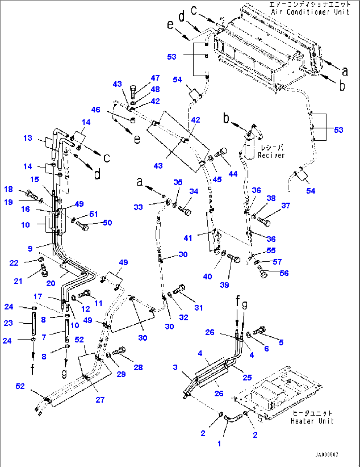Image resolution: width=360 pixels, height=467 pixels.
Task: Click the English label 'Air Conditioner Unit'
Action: pos(310,12)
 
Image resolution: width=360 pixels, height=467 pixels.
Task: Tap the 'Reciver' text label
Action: pos(271,155)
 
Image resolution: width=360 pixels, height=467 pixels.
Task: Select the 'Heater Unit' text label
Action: pos(312,421)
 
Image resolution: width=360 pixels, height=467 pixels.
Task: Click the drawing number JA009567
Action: pos(326,455)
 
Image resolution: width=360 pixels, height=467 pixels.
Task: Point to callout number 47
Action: pos(155,78)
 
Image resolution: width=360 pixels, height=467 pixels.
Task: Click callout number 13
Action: pos(28,138)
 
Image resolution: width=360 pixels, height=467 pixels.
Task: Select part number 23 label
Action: pos(8,323)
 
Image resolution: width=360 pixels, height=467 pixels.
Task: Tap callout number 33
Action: pos(138,207)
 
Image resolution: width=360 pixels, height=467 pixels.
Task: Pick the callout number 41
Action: pos(188,238)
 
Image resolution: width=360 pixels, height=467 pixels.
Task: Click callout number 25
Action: pos(247,377)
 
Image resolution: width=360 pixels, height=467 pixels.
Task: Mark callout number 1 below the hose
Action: pos(219,444)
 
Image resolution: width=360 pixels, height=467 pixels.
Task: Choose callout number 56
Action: pos(284,273)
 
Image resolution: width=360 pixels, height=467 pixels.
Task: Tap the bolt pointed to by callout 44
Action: pos(221,153)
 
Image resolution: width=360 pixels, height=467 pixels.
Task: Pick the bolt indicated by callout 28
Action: pos(119,351)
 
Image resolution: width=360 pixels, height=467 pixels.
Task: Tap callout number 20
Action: pos(51,283)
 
